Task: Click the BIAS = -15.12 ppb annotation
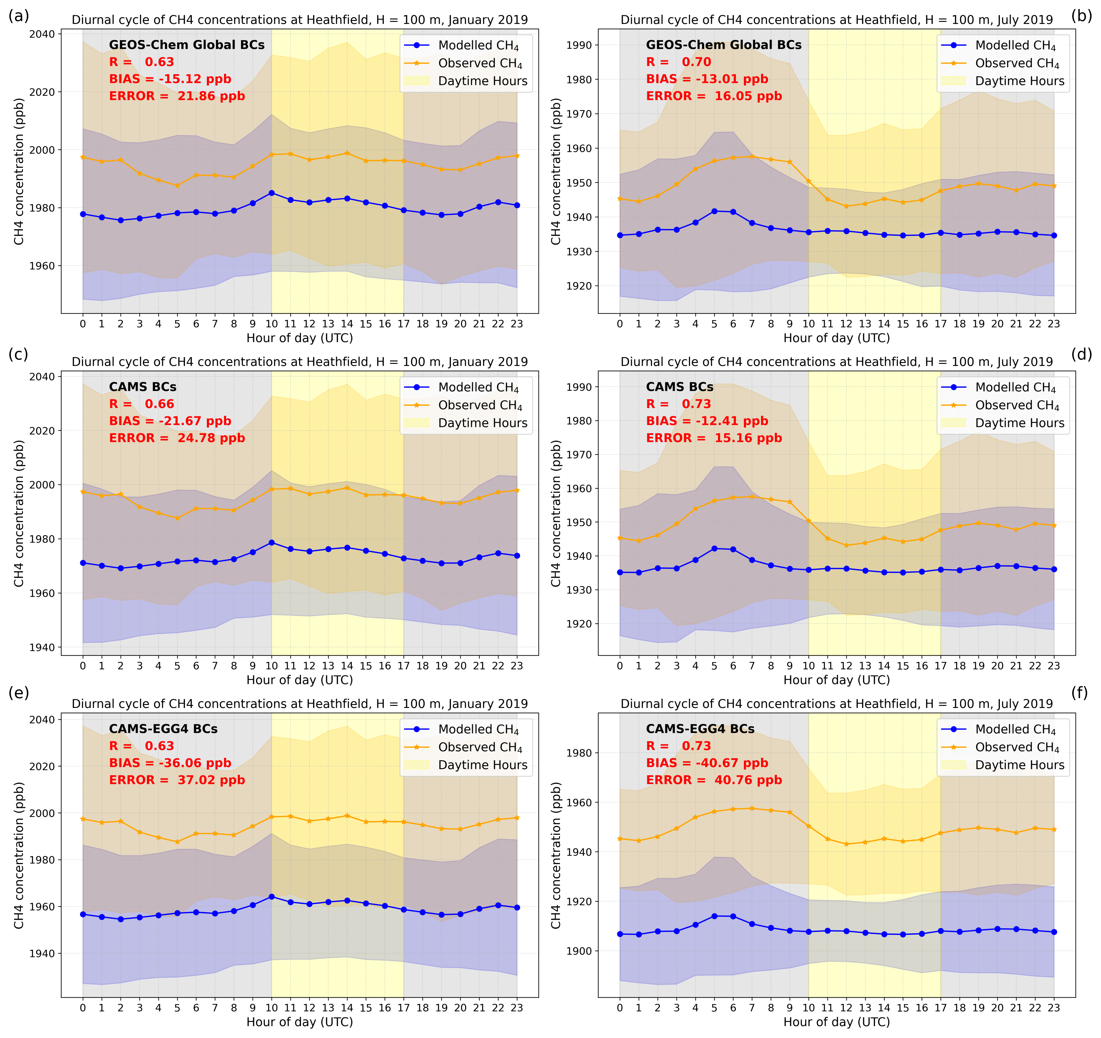pyautogui.click(x=170, y=79)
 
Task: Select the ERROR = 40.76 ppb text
pyautogui.click(x=714, y=780)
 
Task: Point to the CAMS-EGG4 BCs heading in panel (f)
pyautogui.click(x=700, y=729)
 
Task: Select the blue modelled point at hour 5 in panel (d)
pyautogui.click(x=714, y=549)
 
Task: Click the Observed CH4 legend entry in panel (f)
pyautogui.click(x=1017, y=747)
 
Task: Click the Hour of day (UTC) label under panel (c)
pyautogui.click(x=300, y=680)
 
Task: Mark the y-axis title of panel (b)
pyautogui.click(x=556, y=172)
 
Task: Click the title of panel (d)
pyautogui.click(x=836, y=362)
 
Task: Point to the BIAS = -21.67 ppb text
pyautogui.click(x=170, y=421)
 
